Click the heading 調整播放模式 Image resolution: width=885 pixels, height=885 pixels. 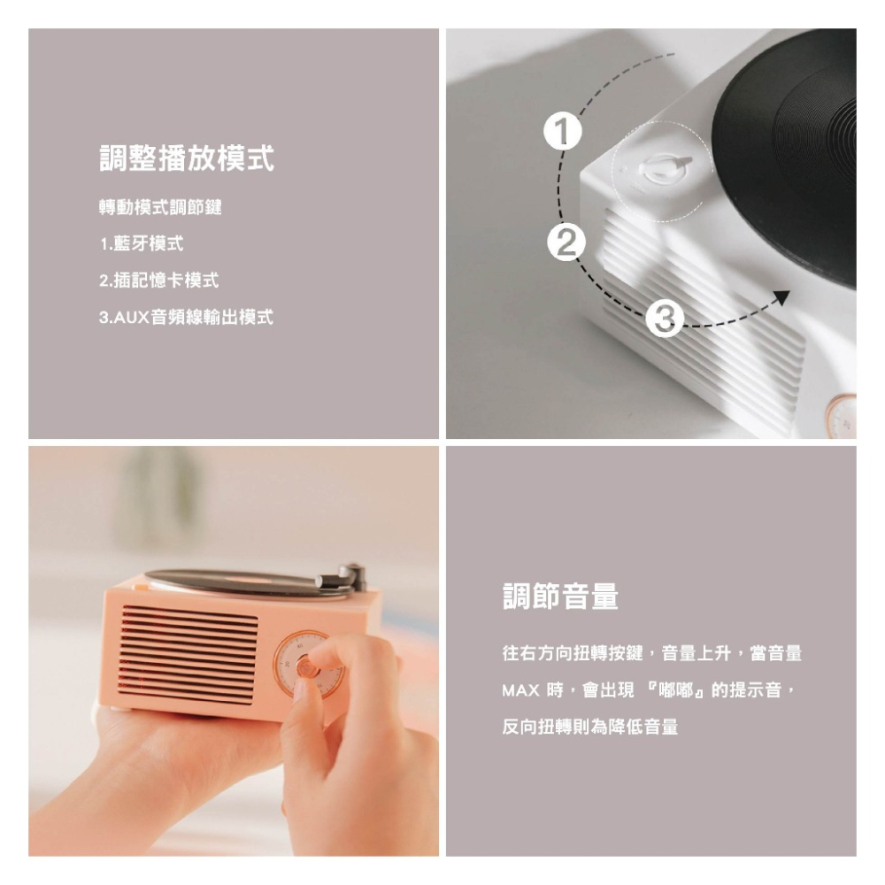tap(186, 159)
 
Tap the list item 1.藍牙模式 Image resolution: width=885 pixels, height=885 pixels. tap(142, 243)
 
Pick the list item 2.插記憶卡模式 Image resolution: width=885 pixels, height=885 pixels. tap(158, 281)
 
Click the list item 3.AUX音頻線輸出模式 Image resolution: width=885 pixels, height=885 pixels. tap(186, 317)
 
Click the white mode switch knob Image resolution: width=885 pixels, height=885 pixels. tap(660, 167)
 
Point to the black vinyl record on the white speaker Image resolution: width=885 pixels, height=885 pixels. tap(796, 150)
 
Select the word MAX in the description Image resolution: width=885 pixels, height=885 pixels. tap(520, 689)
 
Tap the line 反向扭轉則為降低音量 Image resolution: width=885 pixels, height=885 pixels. tap(590, 727)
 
